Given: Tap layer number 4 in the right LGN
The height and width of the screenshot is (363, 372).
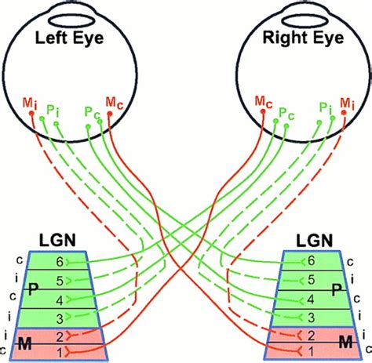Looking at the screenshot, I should (312, 299).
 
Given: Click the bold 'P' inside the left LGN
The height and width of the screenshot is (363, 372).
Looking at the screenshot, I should (32, 289).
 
